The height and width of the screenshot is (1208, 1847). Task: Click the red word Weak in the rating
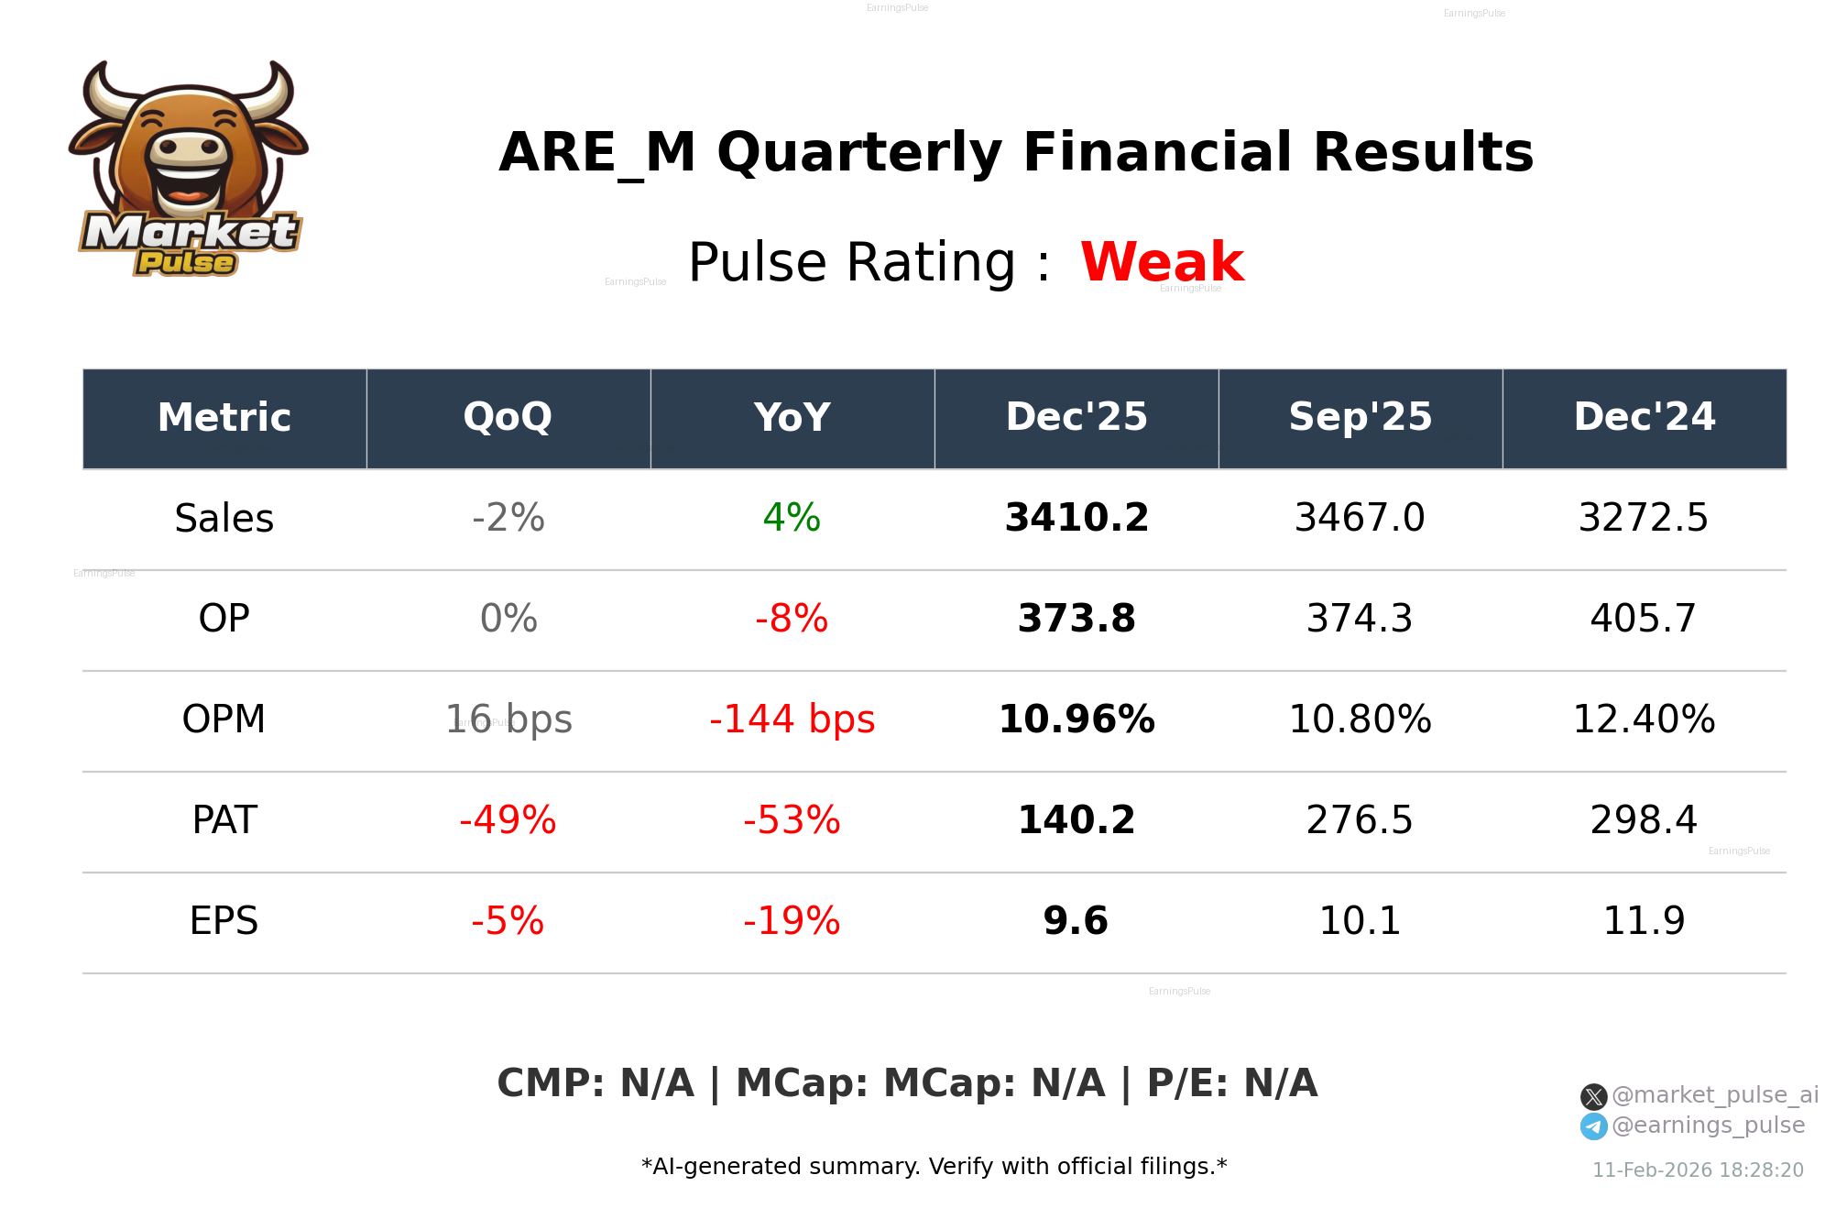point(1162,262)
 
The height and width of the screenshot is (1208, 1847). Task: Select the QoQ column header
point(508,418)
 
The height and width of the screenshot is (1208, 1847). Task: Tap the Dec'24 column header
point(1645,418)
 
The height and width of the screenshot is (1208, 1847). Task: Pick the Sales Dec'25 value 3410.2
point(1077,519)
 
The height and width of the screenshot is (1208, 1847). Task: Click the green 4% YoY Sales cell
point(792,519)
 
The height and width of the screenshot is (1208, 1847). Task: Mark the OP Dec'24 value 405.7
point(1644,620)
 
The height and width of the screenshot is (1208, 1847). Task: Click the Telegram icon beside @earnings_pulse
point(1593,1126)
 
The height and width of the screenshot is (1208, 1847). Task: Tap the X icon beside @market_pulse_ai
point(1593,1096)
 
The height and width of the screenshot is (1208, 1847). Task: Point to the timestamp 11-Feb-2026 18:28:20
point(1698,1170)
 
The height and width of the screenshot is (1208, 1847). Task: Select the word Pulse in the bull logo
point(186,263)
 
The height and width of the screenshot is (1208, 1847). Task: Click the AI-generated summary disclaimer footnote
point(934,1167)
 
